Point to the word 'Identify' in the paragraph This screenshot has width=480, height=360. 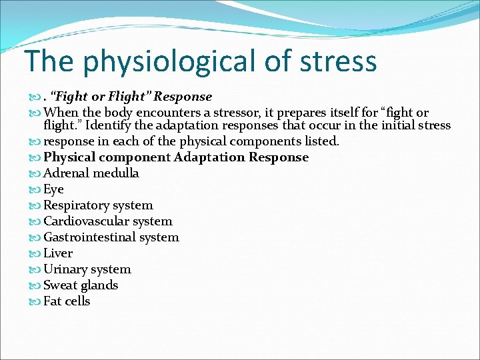point(159,125)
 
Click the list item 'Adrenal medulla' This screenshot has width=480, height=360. point(91,173)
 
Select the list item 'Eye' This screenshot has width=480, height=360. point(53,189)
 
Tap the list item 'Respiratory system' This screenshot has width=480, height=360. point(98,205)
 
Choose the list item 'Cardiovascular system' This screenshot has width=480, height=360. point(107,221)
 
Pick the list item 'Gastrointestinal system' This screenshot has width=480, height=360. point(111,237)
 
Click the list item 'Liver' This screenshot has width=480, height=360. point(58,253)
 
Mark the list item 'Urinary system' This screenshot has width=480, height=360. point(87,269)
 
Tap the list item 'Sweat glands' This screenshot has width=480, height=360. point(81,285)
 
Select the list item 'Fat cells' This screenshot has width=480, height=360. point(67,301)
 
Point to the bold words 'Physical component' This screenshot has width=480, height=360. point(107,157)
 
